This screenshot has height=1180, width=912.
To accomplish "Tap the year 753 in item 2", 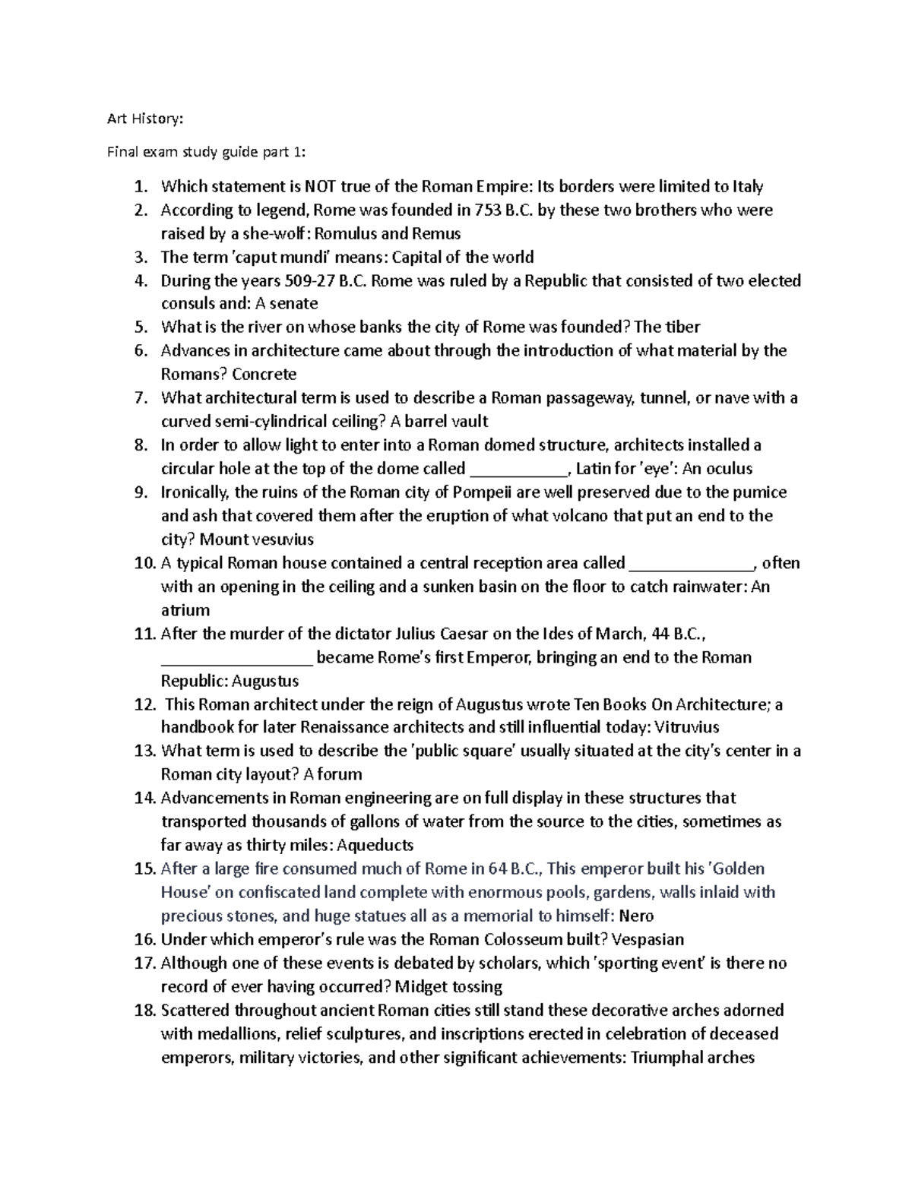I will (486, 210).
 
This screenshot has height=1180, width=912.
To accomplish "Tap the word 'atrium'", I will (185, 610).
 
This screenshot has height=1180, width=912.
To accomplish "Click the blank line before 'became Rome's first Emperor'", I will (236, 657).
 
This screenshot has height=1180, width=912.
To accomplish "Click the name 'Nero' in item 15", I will (637, 916).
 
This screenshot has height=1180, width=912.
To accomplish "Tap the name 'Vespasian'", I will (648, 939).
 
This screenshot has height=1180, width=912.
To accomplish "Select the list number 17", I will (144, 963).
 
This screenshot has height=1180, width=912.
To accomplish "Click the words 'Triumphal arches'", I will (692, 1057).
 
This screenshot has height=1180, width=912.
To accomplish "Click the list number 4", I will (140, 280).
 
